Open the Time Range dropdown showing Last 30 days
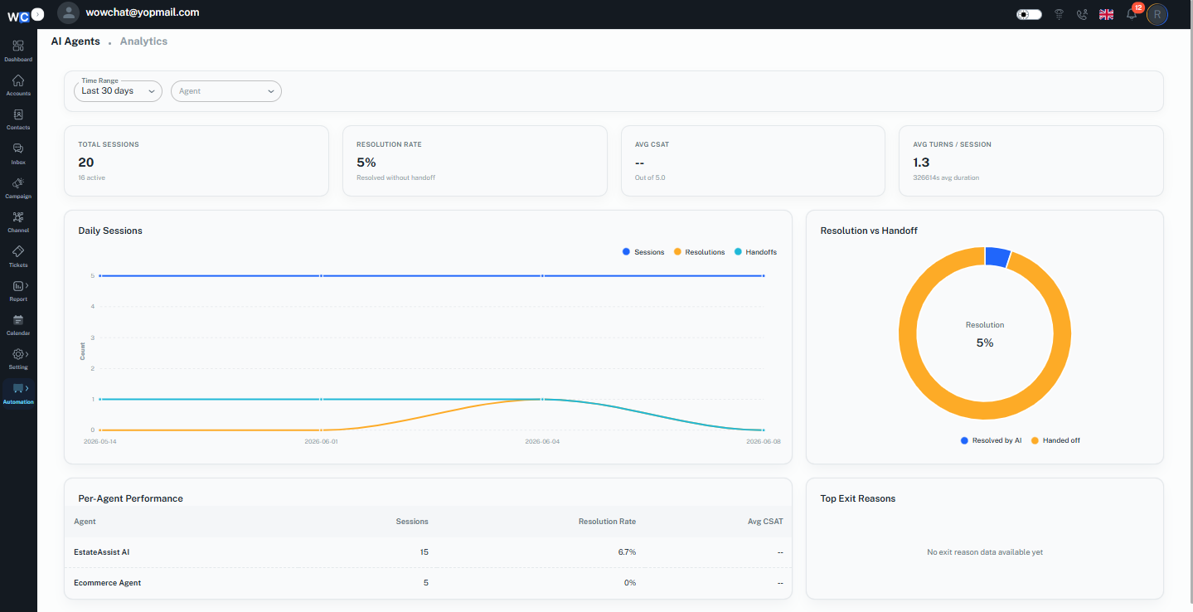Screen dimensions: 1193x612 click(x=118, y=91)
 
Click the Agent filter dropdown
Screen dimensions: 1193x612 click(x=226, y=91)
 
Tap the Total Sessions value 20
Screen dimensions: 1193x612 click(x=85, y=163)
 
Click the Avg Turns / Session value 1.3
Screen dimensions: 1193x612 click(x=921, y=163)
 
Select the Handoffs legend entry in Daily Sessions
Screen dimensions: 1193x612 click(x=755, y=252)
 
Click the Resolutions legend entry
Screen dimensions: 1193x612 click(x=699, y=252)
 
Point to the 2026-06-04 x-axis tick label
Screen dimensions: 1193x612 click(x=542, y=441)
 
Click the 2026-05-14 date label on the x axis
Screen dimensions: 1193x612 click(x=100, y=441)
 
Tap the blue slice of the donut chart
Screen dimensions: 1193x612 click(x=997, y=257)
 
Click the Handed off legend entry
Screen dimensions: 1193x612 click(x=1055, y=440)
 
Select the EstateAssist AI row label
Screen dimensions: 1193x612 click(x=102, y=552)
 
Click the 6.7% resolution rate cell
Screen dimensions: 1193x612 click(x=627, y=552)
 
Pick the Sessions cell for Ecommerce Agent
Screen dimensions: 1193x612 click(x=425, y=583)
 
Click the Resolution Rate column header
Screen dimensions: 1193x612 click(x=607, y=522)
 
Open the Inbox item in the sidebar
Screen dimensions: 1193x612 click(x=18, y=154)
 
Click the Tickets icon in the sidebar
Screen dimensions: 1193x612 click(x=18, y=251)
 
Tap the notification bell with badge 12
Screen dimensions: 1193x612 click(x=1132, y=14)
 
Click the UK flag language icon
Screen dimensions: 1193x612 click(x=1106, y=14)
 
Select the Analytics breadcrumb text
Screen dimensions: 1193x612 click(x=143, y=41)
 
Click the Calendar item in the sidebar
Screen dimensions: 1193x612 click(x=18, y=325)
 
